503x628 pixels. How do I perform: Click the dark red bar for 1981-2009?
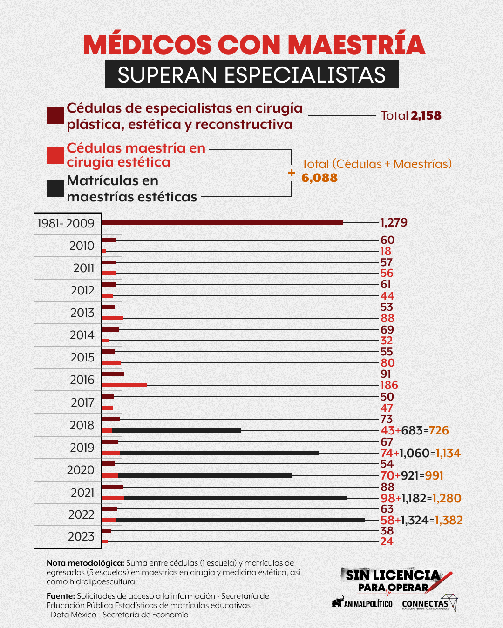(x=222, y=223)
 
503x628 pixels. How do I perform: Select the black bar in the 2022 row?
(x=240, y=520)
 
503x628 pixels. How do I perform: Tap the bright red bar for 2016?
(x=124, y=385)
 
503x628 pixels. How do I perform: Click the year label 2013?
(x=82, y=313)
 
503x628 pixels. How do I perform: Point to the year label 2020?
(x=81, y=470)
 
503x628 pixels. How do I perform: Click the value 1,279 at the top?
(x=394, y=223)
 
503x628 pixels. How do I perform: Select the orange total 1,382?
(x=449, y=521)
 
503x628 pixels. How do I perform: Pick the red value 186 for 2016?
(x=389, y=385)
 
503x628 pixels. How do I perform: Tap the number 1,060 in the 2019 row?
(x=415, y=453)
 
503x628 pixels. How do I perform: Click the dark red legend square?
(x=55, y=116)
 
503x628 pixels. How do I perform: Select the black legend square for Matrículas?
(x=55, y=188)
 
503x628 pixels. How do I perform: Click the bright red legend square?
(x=55, y=155)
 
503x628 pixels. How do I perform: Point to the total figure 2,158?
(x=426, y=115)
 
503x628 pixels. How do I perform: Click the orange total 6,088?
(x=319, y=178)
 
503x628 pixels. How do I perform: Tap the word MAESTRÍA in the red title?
(x=356, y=45)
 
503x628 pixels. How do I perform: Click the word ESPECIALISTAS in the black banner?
(x=305, y=75)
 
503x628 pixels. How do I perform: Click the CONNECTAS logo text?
(x=425, y=604)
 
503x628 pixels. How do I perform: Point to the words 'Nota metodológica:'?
(x=85, y=563)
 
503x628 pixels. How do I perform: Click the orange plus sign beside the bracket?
(x=292, y=173)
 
